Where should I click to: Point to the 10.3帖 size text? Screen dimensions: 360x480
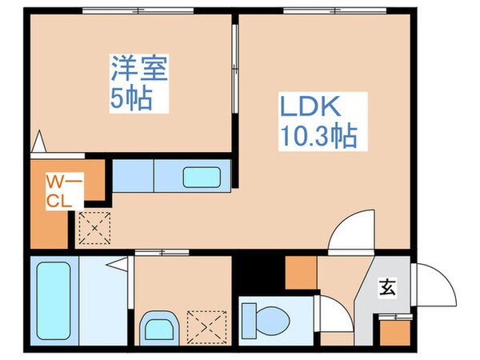pyautogui.click(x=318, y=137)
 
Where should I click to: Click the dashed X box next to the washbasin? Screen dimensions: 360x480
pyautogui.click(x=204, y=326)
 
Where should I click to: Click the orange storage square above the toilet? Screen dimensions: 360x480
pyautogui.click(x=301, y=271)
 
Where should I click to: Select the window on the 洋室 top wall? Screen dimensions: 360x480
pyautogui.click(x=138, y=9)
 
